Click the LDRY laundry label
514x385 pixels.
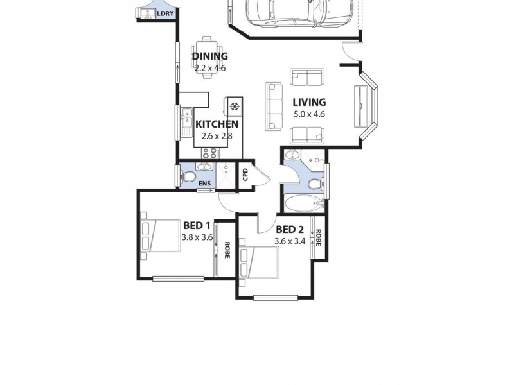[165, 13]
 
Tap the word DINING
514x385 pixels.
[209, 56]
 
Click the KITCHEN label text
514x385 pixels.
[217, 124]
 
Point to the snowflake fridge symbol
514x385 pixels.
[235, 107]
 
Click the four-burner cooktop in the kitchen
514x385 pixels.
[210, 153]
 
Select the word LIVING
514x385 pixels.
[309, 102]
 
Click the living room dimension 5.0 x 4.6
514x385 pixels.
[309, 114]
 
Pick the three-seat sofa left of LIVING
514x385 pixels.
[274, 106]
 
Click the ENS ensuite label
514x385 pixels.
[204, 184]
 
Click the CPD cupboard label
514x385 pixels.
[245, 176]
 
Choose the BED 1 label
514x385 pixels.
[197, 225]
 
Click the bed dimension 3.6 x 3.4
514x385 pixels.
[289, 241]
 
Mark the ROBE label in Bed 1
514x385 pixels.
[227, 249]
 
